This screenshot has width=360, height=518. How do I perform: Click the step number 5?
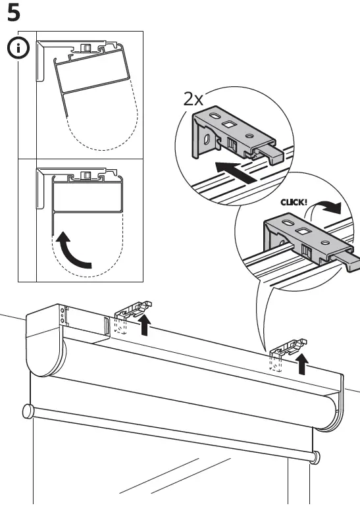[x=13, y=13]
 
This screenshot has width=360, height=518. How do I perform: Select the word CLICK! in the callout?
[x=295, y=202]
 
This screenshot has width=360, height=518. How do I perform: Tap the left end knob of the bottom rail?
[x=28, y=412]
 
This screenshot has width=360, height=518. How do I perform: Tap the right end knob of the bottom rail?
[x=317, y=455]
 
